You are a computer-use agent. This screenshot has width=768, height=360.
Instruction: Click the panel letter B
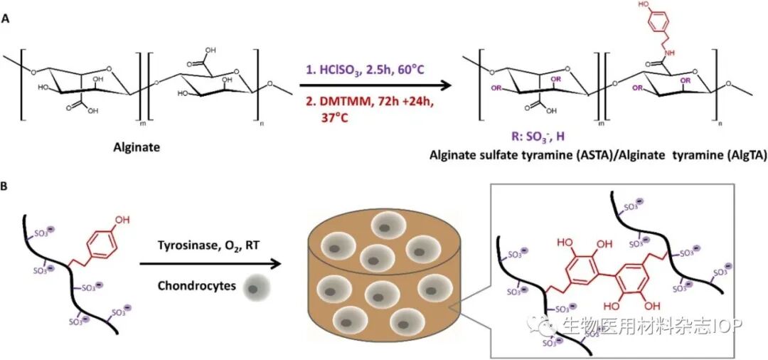(x=6, y=187)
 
